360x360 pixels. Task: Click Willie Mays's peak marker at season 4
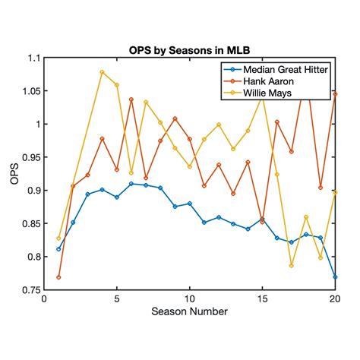(x=103, y=72)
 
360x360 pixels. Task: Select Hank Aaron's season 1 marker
(x=58, y=277)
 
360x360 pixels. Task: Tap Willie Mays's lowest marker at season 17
(x=292, y=265)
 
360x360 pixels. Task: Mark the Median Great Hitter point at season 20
(x=335, y=276)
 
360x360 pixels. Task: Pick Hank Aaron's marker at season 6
(x=131, y=99)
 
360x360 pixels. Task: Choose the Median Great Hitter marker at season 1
(x=58, y=249)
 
